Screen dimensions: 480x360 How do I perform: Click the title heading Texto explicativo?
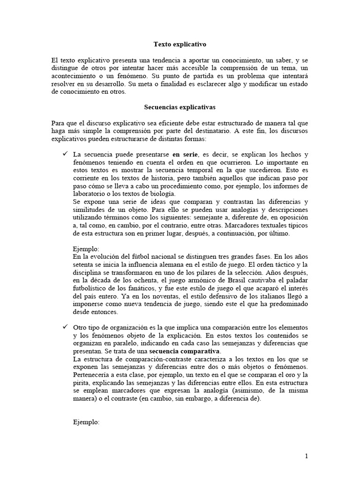180,45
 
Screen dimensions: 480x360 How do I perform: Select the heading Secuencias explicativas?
180,107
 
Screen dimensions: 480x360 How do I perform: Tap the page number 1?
306,456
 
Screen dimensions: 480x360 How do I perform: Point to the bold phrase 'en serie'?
184,155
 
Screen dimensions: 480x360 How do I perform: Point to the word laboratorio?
90,194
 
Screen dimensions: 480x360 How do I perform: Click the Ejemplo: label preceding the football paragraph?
87,249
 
